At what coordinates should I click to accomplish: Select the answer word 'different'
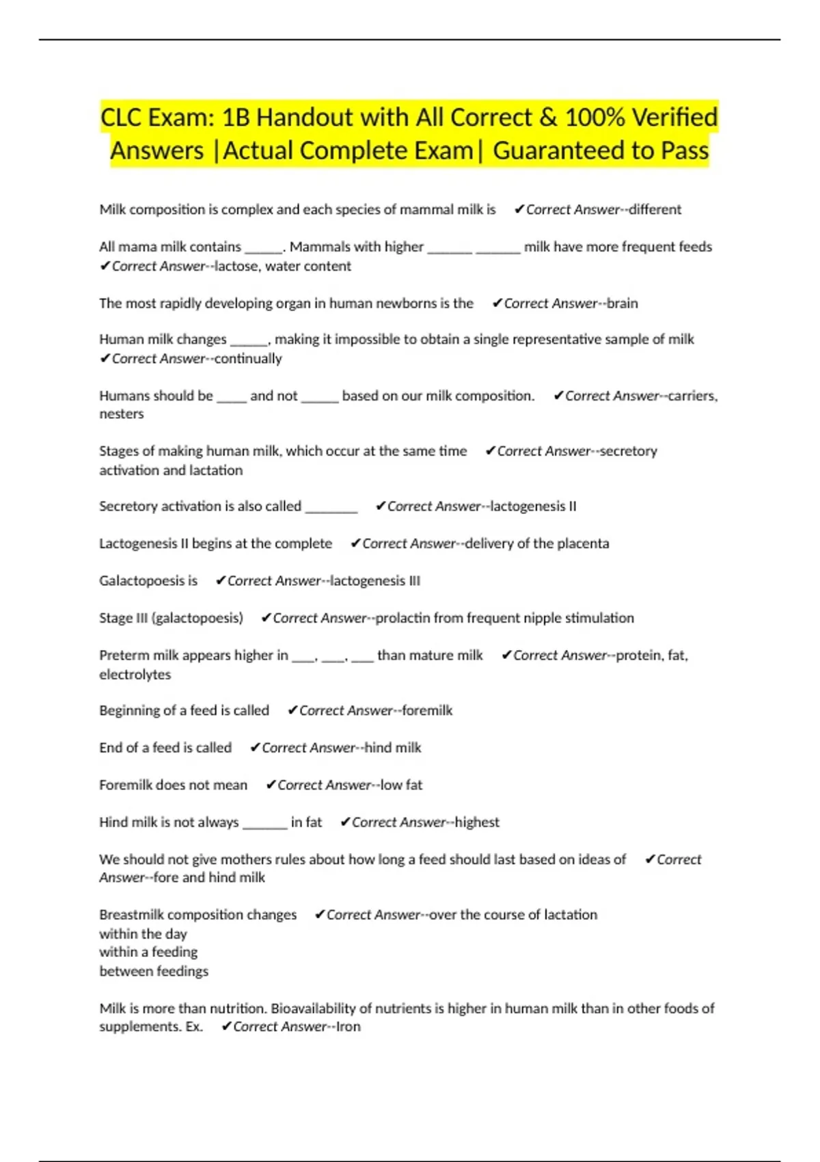pyautogui.click(x=655, y=210)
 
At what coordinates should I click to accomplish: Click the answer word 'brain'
pyautogui.click(x=622, y=303)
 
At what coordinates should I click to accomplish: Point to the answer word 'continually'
pyautogui.click(x=248, y=359)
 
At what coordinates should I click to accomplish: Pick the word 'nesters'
pyautogui.click(x=122, y=414)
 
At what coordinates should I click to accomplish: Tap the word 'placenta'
pyautogui.click(x=581, y=544)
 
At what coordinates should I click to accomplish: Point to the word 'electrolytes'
pyautogui.click(x=135, y=675)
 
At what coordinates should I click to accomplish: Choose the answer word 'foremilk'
pyautogui.click(x=427, y=711)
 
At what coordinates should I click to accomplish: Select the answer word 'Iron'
pyautogui.click(x=348, y=1027)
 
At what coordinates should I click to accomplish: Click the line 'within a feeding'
pyautogui.click(x=148, y=952)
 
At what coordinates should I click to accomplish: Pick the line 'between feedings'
pyautogui.click(x=154, y=971)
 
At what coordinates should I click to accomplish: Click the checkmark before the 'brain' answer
pyautogui.click(x=497, y=303)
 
